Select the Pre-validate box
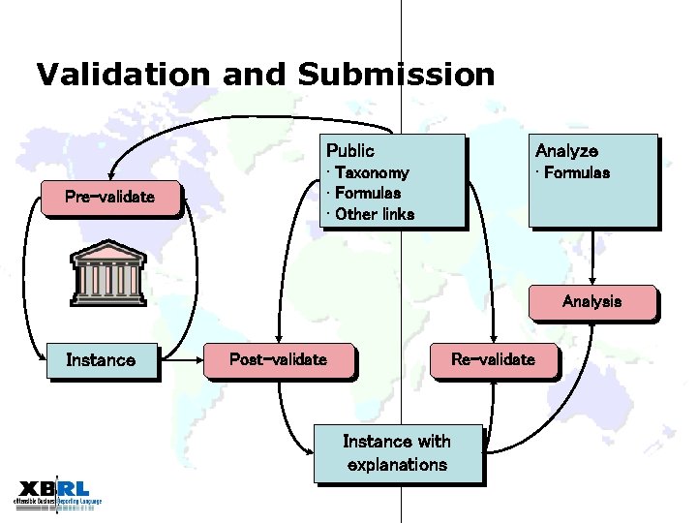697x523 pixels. (x=109, y=198)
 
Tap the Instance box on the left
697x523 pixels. (x=101, y=360)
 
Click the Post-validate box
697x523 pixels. (x=278, y=359)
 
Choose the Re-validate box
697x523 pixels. (x=493, y=359)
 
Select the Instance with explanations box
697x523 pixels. (x=397, y=453)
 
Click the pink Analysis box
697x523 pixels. (x=591, y=301)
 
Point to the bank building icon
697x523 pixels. (x=108, y=274)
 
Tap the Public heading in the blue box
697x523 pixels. (x=350, y=150)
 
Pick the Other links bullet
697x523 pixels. (x=374, y=214)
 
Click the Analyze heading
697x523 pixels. (x=566, y=150)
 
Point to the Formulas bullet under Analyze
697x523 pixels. (x=576, y=172)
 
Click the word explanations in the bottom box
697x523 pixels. (x=397, y=465)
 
